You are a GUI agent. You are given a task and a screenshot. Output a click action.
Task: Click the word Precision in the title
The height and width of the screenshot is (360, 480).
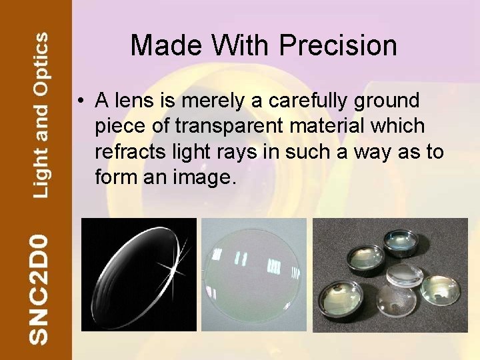[338, 46]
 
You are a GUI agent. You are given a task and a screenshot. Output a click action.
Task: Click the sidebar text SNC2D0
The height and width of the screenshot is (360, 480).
[39, 287]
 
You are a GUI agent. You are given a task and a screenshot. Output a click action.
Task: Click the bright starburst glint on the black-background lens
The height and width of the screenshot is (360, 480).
[174, 269]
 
